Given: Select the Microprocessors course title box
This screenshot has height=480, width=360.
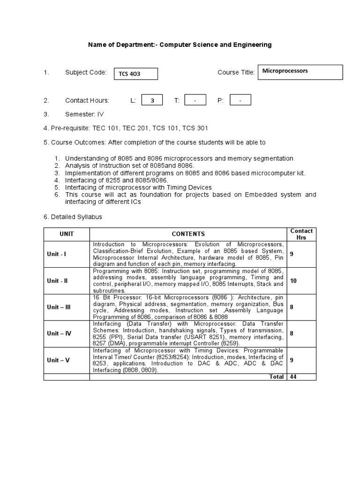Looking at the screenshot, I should (x=300, y=72).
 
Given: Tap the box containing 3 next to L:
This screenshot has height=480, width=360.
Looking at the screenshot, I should (x=151, y=100).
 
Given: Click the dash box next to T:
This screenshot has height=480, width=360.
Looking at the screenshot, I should (x=195, y=100).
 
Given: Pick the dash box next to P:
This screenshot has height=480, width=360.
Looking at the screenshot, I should (x=240, y=100).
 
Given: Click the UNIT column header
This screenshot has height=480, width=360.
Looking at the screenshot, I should (x=67, y=234).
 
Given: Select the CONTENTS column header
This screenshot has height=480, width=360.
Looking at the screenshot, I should (x=188, y=234).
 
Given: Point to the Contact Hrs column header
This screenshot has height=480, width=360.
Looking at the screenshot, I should (x=301, y=234).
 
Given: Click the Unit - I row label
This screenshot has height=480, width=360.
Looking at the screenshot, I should (x=57, y=254).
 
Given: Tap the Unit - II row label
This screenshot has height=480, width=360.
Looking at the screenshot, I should (x=57, y=281).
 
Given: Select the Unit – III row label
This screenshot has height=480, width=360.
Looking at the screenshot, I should (x=59, y=307).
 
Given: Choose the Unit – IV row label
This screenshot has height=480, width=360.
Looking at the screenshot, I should (x=59, y=333).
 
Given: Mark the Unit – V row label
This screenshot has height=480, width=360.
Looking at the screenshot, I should (x=58, y=360).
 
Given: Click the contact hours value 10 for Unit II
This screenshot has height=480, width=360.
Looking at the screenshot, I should (x=293, y=281).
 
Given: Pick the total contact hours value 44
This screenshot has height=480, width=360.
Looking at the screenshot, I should (x=293, y=377).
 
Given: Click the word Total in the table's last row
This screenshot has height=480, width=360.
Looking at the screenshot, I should (x=276, y=377).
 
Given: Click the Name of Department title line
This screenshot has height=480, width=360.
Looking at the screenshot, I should (x=180, y=45).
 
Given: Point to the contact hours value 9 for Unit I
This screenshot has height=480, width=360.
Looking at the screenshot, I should (x=292, y=254).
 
